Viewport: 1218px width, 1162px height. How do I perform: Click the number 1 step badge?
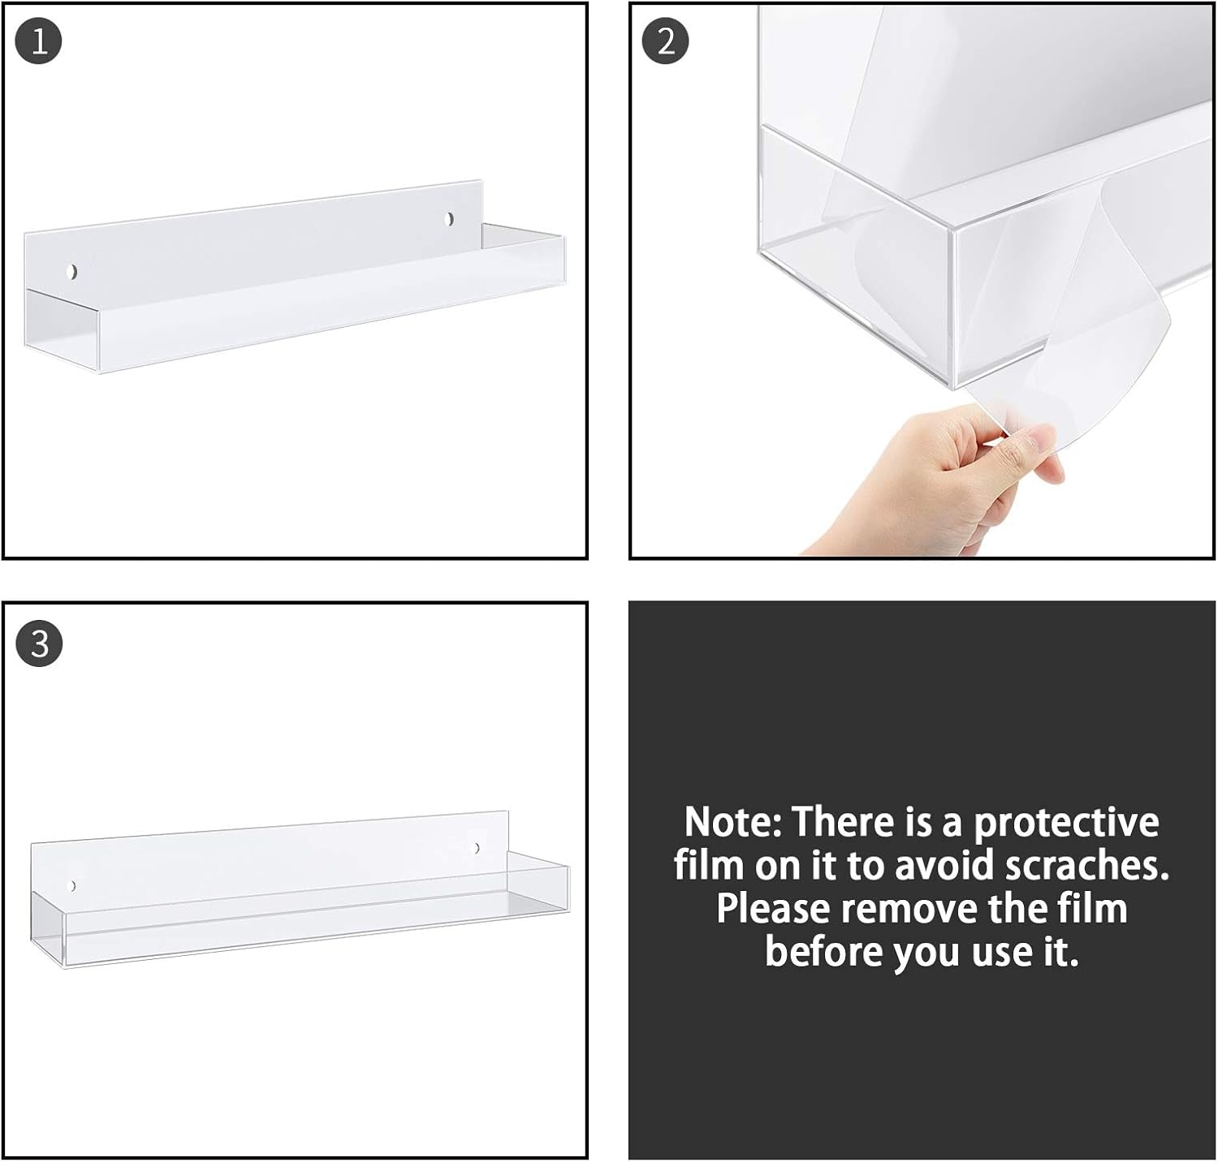point(38,41)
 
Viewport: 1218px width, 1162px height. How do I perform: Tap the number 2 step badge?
point(665,41)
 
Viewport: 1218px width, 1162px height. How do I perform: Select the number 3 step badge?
point(38,644)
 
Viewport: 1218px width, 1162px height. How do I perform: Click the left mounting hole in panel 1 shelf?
point(73,271)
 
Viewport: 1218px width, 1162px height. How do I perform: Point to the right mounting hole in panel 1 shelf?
point(450,219)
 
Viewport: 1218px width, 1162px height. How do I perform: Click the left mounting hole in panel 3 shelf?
point(72,885)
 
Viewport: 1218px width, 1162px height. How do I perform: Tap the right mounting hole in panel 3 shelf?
point(477,849)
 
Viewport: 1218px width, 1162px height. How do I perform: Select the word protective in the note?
point(1066,824)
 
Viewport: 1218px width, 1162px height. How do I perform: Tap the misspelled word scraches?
point(1086,866)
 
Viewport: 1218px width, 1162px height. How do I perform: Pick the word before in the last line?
point(822,951)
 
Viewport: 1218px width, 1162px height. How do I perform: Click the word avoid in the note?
point(946,866)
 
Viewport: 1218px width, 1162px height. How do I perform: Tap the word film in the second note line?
point(708,866)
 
